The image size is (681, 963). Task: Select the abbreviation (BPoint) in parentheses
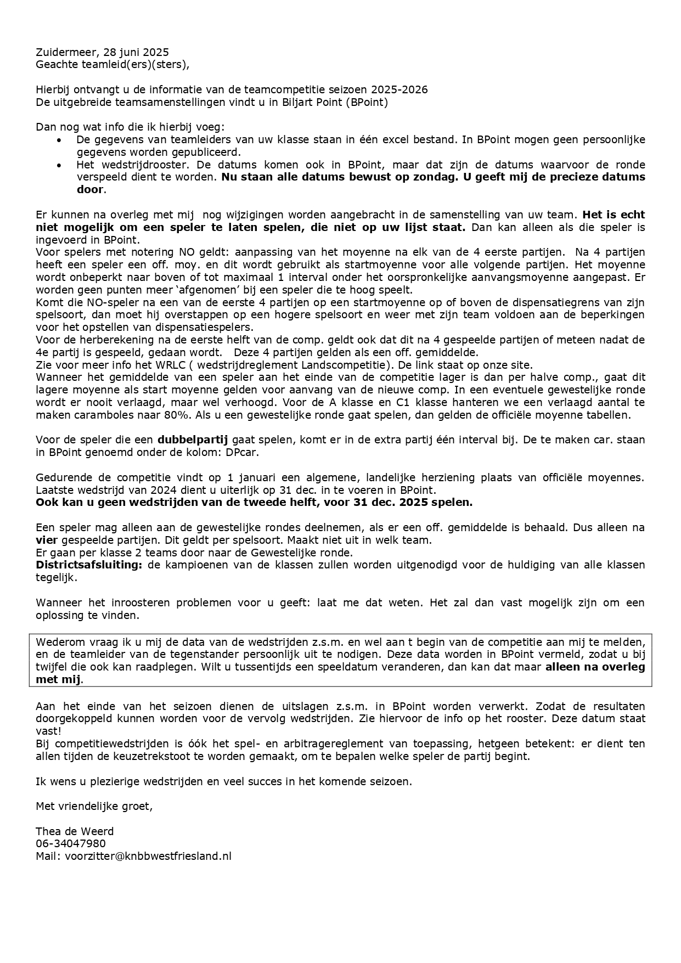pyautogui.click(x=367, y=103)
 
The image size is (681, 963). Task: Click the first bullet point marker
pyautogui.click(x=59, y=140)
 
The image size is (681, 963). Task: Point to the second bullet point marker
pyautogui.click(x=59, y=165)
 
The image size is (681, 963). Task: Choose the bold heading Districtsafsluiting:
pyautogui.click(x=88, y=565)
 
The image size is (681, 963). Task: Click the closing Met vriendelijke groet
pyautogui.click(x=94, y=806)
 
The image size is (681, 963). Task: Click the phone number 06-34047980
pyautogui.click(x=71, y=844)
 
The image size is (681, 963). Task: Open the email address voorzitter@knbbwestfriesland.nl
pyautogui.click(x=148, y=856)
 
